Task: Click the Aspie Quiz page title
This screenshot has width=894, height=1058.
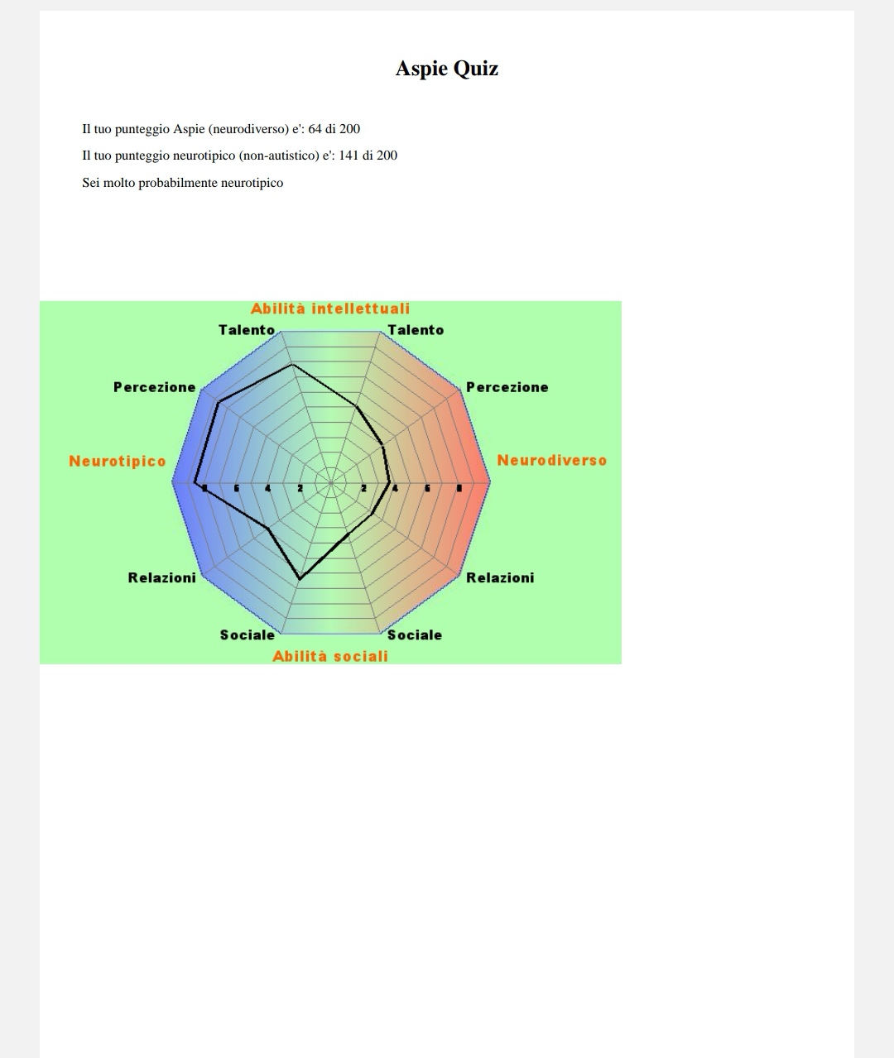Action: [x=447, y=69]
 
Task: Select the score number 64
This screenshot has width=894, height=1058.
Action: [x=315, y=129]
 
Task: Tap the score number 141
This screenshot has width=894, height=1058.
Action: [x=348, y=155]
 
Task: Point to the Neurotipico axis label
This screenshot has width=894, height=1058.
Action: [x=118, y=461]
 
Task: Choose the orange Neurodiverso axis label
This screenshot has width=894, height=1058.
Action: [x=552, y=460]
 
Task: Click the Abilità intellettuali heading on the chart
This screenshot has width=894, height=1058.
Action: [x=330, y=309]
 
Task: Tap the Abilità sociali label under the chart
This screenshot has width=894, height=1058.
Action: [x=330, y=656]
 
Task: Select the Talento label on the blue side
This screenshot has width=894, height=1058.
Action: [x=247, y=330]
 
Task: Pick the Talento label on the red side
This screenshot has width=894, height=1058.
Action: [x=416, y=330]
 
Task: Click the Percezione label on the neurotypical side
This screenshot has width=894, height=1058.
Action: [x=155, y=387]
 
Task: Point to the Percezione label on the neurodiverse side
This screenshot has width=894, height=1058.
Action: [x=507, y=387]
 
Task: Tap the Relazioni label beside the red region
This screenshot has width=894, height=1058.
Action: [x=500, y=577]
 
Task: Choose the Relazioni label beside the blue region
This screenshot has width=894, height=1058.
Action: [x=161, y=577]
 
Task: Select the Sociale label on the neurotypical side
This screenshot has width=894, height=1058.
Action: [x=248, y=635]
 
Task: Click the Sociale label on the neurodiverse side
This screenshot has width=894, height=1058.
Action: [x=415, y=635]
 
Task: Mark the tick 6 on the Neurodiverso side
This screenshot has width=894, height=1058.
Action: [x=427, y=488]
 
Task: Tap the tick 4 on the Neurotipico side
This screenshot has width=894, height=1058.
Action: [x=267, y=488]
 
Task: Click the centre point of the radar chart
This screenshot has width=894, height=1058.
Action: [x=330, y=483]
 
